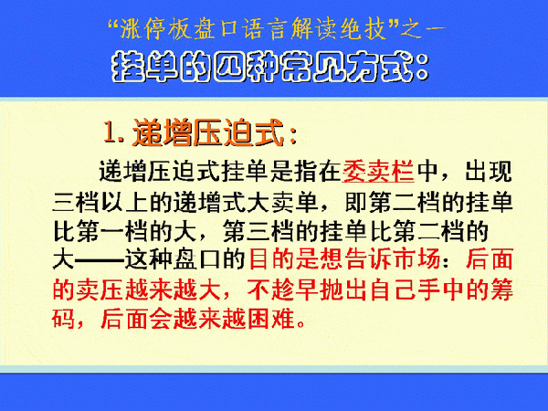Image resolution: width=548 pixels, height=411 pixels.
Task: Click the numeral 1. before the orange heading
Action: pos(114,132)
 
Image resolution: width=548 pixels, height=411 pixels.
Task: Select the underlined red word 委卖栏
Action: pos(378,172)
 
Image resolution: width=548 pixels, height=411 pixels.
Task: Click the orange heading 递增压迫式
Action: pos(207,132)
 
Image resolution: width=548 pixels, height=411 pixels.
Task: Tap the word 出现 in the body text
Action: pos(489,172)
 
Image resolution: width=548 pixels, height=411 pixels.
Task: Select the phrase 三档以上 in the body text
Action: pos(100,202)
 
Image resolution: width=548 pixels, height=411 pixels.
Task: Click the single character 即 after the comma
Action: pos(356,202)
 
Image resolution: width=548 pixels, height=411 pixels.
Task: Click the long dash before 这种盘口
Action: pos(100,260)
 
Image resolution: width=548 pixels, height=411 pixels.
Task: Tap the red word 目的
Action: pos(272,259)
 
